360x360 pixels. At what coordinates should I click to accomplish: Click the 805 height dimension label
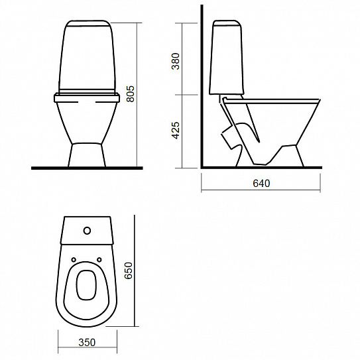tap(131, 94)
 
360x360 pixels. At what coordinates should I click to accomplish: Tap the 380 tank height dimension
tap(176, 61)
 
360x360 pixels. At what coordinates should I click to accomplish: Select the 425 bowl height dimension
tap(176, 130)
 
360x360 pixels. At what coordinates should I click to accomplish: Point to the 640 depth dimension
tap(261, 183)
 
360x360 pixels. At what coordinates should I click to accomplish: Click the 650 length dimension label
tap(129, 270)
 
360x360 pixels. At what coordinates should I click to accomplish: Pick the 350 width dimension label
tap(87, 342)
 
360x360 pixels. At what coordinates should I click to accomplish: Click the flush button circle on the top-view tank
tap(88, 231)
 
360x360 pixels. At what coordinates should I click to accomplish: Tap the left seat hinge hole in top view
tap(74, 260)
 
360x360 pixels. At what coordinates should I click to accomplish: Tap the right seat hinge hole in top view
tap(99, 260)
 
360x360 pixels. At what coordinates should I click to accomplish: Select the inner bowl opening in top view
tap(86, 285)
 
